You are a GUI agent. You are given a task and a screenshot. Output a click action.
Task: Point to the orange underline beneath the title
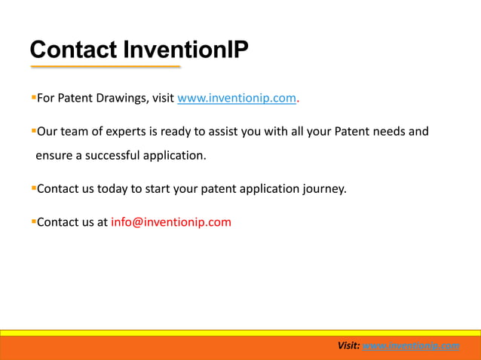106,67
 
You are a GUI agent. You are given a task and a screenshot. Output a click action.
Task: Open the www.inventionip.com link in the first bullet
237,98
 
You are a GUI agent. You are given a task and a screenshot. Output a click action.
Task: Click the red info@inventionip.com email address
171,222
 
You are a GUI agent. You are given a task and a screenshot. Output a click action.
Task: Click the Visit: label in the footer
348,346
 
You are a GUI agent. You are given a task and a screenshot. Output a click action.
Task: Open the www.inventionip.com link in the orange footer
411,346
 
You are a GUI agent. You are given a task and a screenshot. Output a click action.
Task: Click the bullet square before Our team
33,130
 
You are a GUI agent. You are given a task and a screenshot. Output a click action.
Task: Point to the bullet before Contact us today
33,187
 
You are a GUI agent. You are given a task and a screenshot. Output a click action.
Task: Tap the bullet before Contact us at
33,221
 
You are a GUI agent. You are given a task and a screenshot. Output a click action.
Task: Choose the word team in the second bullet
72,132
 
